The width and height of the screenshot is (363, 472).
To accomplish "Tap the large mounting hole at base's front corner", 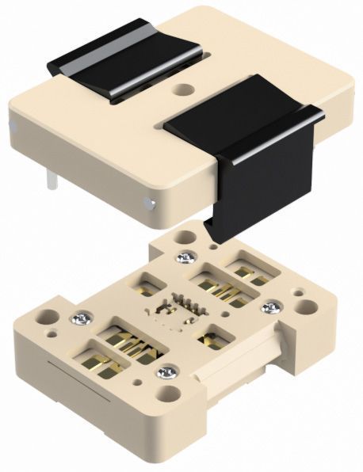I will (x=168, y=394).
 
